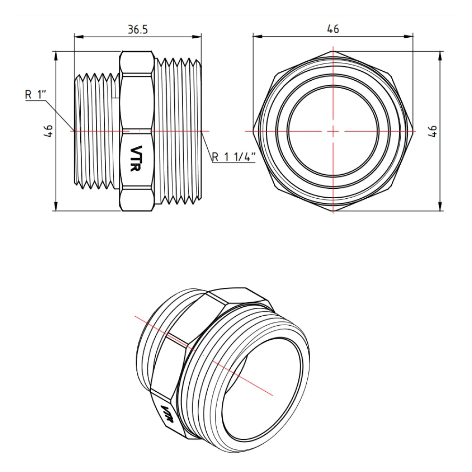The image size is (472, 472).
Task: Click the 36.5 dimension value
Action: click(138, 29)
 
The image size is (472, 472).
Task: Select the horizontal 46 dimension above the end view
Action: click(333, 29)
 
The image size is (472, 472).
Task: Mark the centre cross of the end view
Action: click(333, 130)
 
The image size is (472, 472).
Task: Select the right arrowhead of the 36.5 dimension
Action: click(199, 35)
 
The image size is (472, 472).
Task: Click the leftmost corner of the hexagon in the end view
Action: click(253, 130)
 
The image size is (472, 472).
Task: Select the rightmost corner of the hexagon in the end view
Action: click(413, 130)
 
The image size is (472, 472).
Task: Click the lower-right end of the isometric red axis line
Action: click(273, 395)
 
